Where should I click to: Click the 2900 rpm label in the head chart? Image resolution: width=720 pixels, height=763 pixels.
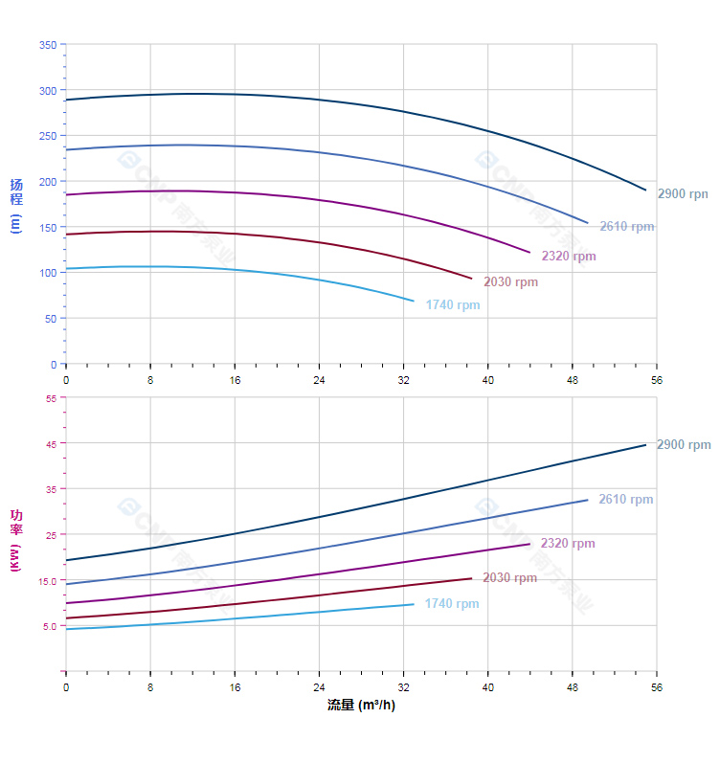(x=683, y=193)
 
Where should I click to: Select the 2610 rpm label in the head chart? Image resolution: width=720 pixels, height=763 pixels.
(x=627, y=227)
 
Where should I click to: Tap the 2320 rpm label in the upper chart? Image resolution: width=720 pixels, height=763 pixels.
(x=569, y=256)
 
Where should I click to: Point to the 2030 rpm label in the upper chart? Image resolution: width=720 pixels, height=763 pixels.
(x=510, y=281)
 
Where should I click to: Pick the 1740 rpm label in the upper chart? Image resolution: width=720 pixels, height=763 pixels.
(x=453, y=305)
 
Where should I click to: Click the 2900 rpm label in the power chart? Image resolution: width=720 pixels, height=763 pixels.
(x=684, y=444)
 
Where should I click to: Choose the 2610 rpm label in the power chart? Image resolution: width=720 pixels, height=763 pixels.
(x=626, y=499)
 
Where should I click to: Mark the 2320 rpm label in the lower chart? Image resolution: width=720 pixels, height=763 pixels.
(x=568, y=543)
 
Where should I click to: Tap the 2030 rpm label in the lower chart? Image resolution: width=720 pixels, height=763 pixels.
(x=509, y=577)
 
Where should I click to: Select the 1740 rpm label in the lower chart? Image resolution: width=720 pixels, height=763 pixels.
(x=452, y=604)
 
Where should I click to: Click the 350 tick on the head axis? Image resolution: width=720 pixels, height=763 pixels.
(x=47, y=45)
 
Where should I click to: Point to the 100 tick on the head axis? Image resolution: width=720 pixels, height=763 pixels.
(x=47, y=273)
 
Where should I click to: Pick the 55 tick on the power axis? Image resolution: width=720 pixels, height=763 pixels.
(x=51, y=398)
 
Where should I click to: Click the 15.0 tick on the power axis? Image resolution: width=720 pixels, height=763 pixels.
(x=48, y=580)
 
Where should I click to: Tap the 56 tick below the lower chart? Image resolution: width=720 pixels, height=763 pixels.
(x=657, y=686)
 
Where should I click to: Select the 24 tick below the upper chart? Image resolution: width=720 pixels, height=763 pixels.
(x=319, y=379)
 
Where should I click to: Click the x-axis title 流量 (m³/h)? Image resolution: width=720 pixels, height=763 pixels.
(x=361, y=706)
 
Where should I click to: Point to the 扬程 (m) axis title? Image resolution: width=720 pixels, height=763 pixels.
(x=15, y=206)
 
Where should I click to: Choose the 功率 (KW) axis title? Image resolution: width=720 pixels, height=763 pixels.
(x=15, y=542)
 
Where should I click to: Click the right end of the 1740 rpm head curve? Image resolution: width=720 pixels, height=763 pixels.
(x=414, y=301)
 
